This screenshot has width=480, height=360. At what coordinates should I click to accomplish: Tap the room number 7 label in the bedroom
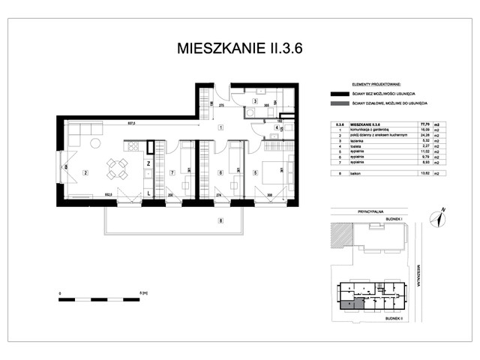pos(171,173)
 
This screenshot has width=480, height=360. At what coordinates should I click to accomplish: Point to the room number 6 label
pos(219,173)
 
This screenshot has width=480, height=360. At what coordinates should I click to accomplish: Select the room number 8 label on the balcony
pos(220,220)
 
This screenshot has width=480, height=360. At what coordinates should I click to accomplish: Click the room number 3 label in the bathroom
pos(255,100)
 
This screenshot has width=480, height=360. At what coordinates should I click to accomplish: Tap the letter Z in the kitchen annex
pos(149,163)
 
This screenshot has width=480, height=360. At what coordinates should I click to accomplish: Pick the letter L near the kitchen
pos(149,193)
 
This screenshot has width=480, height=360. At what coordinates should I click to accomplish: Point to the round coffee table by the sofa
pos(95,142)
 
